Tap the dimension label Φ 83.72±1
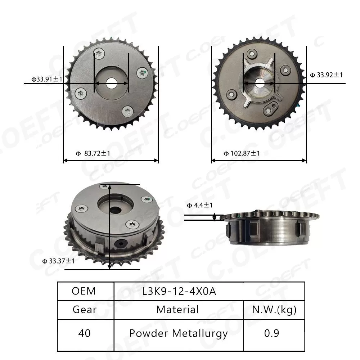coord(93,153)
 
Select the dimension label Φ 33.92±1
coord(326,75)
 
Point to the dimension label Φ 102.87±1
coord(242,153)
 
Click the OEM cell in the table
coord(84,291)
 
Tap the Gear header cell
coord(84,310)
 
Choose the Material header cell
coord(177,310)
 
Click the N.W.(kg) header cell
coord(274,310)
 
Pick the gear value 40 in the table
coord(84,333)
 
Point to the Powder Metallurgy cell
coord(179,333)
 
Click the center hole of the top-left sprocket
coord(111,83)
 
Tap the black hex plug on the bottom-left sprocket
coord(120,244)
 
